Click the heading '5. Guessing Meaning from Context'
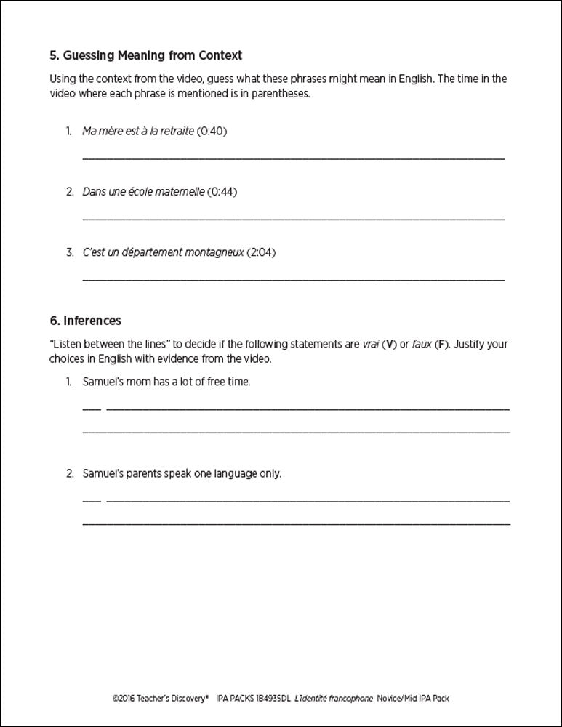click(x=145, y=55)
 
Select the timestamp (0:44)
click(x=222, y=192)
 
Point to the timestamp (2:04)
click(x=261, y=252)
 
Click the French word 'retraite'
click(x=177, y=131)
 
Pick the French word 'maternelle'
click(x=180, y=192)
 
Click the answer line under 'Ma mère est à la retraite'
click(x=293, y=158)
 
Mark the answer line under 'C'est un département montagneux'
click(x=293, y=279)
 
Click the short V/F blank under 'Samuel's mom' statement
click(x=92, y=409)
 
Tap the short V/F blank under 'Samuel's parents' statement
click(x=92, y=500)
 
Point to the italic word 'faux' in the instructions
click(x=422, y=344)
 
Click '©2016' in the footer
click(x=123, y=698)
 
